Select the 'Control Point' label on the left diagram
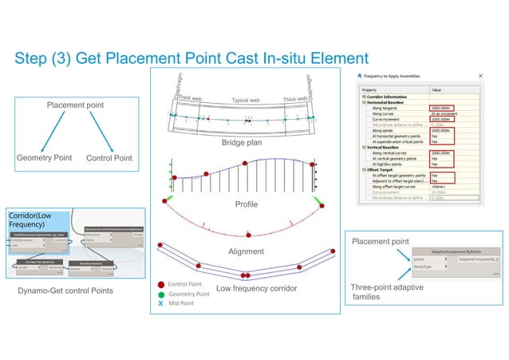pos(109,158)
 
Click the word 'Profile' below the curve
pos(247,205)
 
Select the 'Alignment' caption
pos(246,251)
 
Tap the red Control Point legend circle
pos(161,283)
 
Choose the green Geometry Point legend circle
pos(161,294)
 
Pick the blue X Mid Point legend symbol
pos(161,304)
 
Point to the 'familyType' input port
pos(424,267)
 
